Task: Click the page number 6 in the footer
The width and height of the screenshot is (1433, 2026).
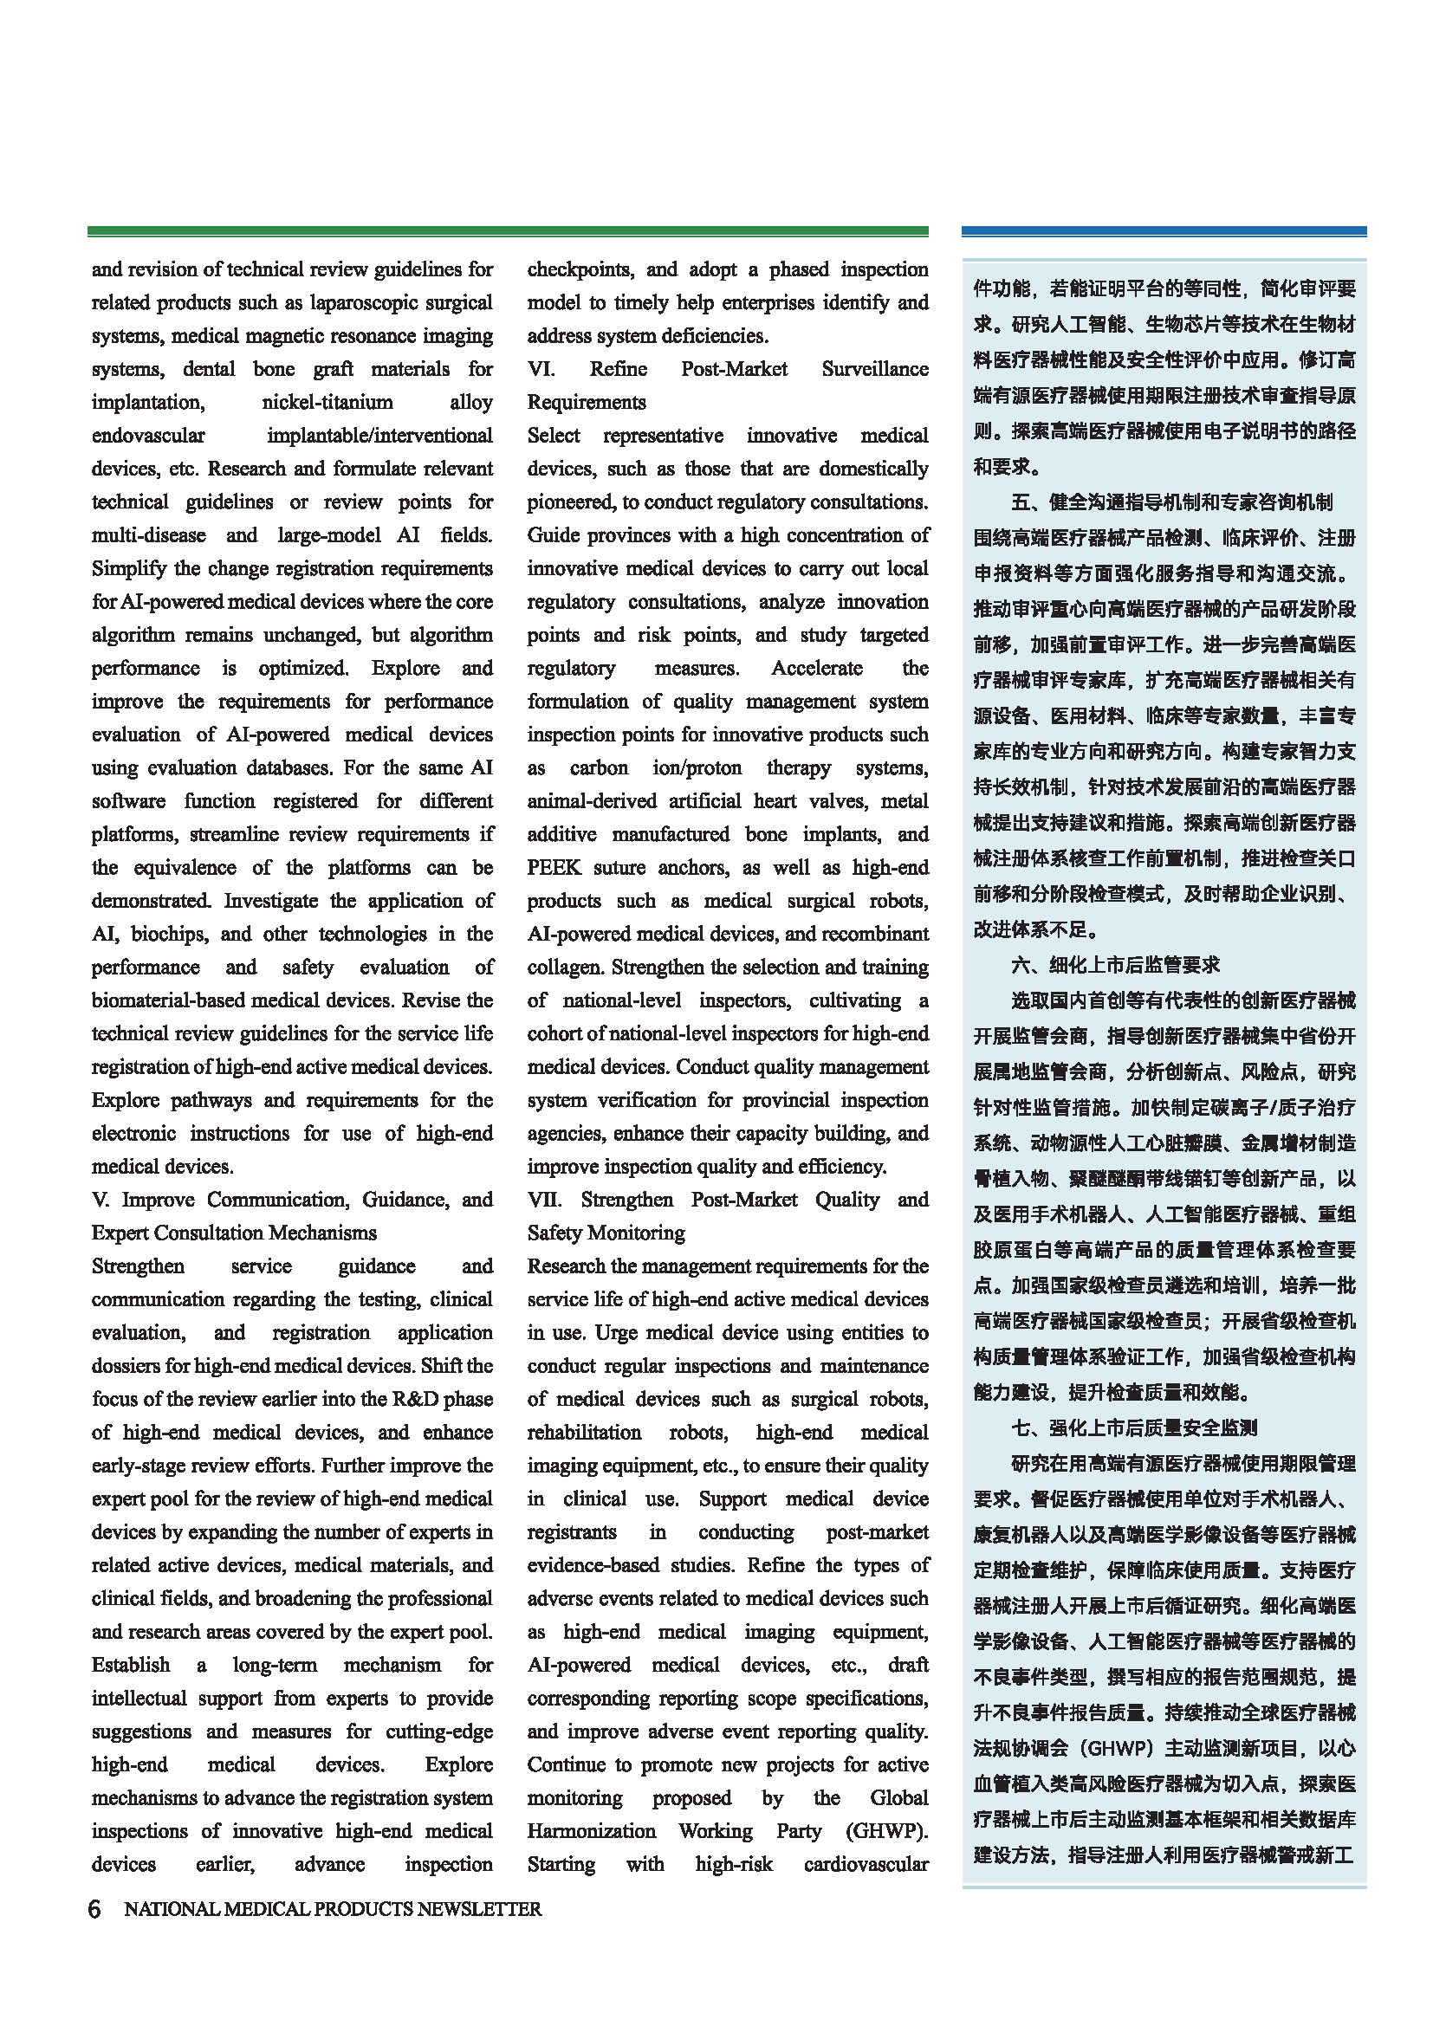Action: (x=94, y=1909)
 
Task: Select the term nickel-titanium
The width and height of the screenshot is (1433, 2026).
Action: (x=327, y=403)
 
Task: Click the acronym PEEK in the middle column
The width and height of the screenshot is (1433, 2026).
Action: (x=554, y=867)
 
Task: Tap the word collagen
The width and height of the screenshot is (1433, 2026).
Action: (x=566, y=968)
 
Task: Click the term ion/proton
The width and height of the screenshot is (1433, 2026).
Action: (x=697, y=767)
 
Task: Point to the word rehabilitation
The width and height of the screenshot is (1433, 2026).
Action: (x=584, y=1432)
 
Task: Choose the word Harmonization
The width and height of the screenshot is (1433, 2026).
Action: (x=591, y=1831)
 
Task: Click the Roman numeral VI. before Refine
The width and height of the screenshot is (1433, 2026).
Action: (x=541, y=369)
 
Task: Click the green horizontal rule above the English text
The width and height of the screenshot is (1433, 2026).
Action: (x=508, y=231)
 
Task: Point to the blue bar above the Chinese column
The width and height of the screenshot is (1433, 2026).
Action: (x=1163, y=231)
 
